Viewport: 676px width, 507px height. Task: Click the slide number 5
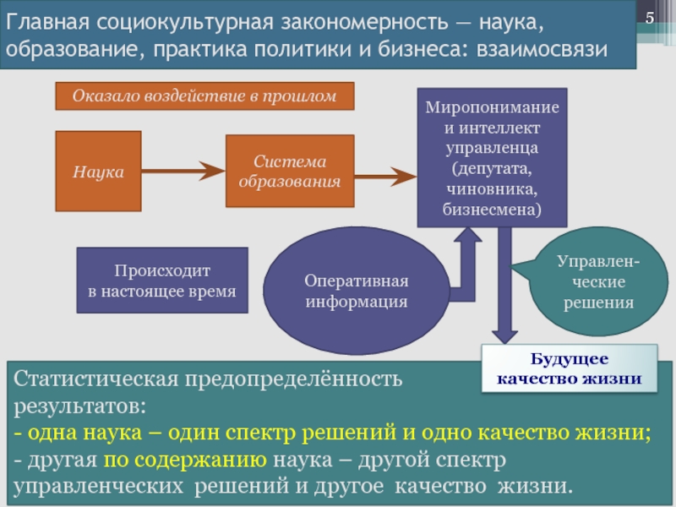point(651,19)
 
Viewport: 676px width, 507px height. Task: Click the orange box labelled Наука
point(98,172)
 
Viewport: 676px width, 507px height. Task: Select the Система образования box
point(289,171)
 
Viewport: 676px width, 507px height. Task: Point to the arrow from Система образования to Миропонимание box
point(384,176)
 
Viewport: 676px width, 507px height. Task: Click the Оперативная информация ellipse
point(357,291)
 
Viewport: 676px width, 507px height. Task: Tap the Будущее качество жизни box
point(569,369)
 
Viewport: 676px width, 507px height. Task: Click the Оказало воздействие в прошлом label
point(204,96)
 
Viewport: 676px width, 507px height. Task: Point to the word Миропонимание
point(492,109)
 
